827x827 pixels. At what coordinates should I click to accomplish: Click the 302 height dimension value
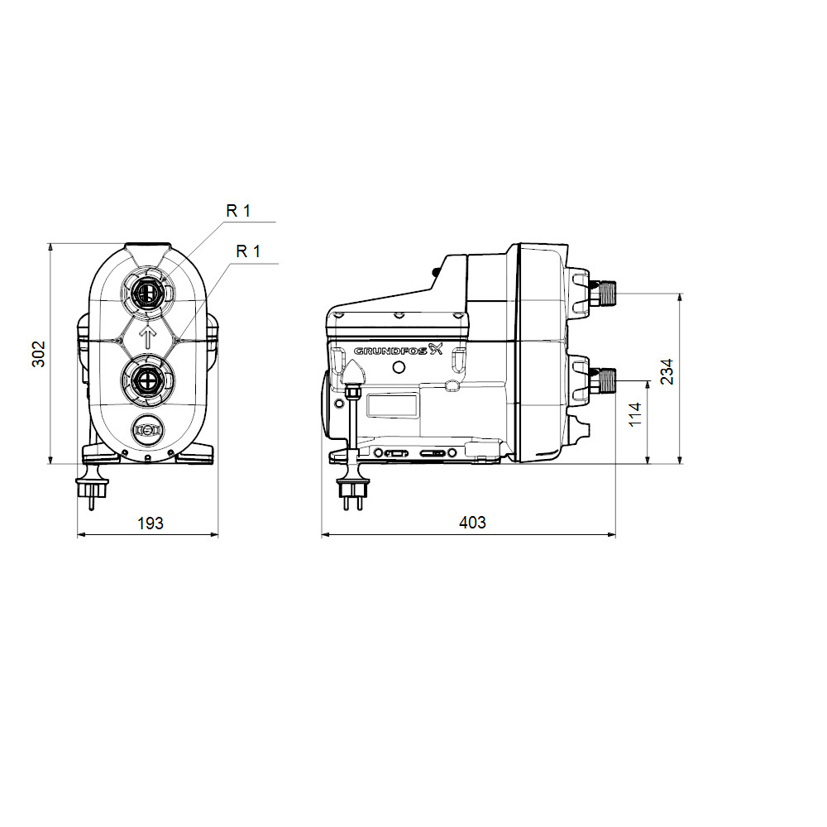click(x=39, y=354)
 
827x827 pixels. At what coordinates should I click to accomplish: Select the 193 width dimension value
click(x=151, y=523)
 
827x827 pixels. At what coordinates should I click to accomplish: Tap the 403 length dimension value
click(x=472, y=522)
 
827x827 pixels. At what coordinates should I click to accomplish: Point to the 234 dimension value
click(x=667, y=372)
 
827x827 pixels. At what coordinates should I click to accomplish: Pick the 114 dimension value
click(x=635, y=414)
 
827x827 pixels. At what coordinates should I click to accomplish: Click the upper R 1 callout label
click(x=238, y=210)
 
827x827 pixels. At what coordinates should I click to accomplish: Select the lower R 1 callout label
click(x=248, y=251)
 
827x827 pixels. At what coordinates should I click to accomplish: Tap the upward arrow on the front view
click(x=148, y=337)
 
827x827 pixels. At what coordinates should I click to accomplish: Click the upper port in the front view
click(x=148, y=292)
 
